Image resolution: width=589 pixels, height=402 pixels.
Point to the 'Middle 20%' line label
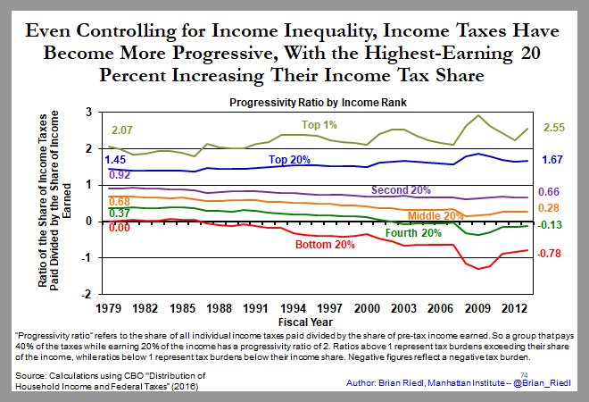pos(436,215)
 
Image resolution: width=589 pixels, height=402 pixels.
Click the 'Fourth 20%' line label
pos(413,234)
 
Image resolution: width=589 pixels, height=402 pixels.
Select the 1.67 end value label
pos(553,160)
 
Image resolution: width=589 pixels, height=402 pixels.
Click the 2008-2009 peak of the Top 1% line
pos(481,115)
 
